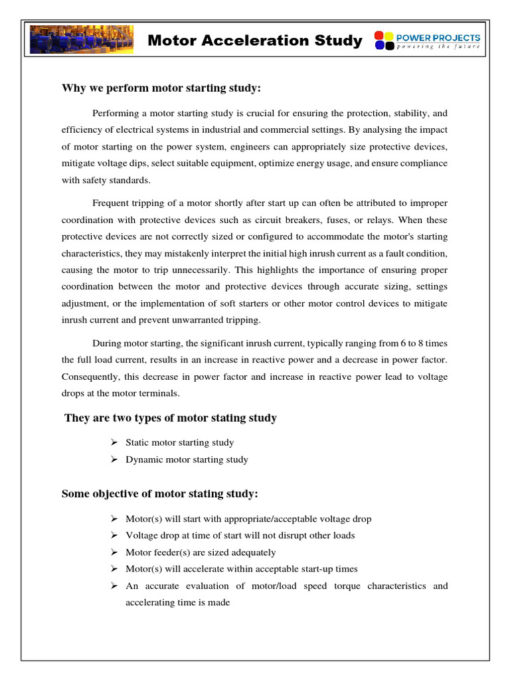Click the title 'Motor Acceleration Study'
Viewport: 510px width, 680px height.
tap(255, 41)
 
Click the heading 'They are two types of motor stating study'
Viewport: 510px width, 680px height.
tap(171, 418)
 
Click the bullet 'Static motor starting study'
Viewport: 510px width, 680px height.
tap(179, 442)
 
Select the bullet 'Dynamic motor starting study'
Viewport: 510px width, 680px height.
tap(187, 460)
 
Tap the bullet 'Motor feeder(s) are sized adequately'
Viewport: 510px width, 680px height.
tap(201, 552)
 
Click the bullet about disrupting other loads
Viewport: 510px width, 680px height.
tap(240, 535)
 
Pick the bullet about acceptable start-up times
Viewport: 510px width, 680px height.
tap(241, 569)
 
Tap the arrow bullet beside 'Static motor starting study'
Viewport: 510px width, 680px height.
tap(114, 442)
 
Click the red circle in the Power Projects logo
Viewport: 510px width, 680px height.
tap(379, 36)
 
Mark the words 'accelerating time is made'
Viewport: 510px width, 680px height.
tap(177, 602)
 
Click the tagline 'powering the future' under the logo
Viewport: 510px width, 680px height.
tap(438, 46)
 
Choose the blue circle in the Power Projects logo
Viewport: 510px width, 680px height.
tap(379, 46)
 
